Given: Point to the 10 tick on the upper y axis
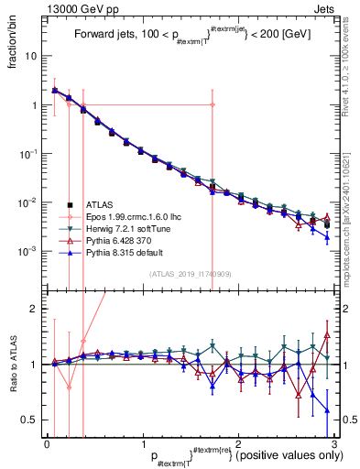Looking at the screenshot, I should coord(33,56).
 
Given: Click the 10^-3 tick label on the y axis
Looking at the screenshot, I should coord(29,251).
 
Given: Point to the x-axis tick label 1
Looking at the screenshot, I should coord(143,443).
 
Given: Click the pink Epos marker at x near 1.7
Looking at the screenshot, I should coord(212,104).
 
